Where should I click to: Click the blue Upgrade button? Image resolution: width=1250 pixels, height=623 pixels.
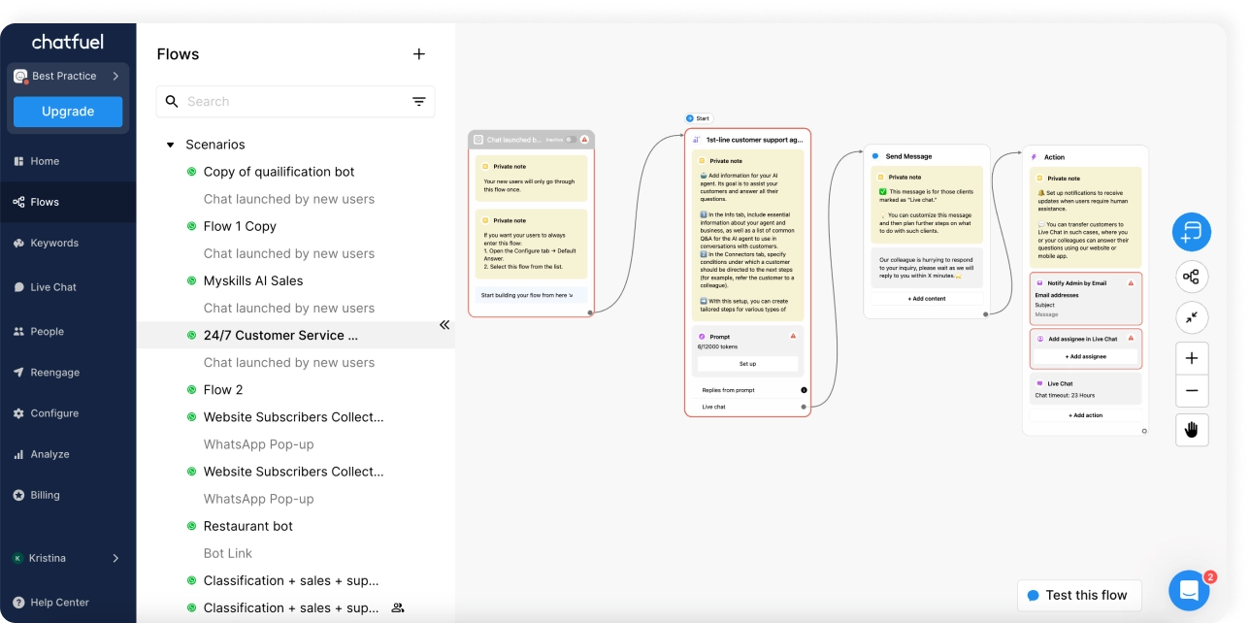[x=68, y=112]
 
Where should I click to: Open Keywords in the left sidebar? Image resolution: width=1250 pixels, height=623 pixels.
[x=53, y=243]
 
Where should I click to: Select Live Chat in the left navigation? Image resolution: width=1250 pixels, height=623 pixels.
[x=52, y=287]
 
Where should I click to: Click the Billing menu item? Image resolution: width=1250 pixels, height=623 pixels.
[x=45, y=495]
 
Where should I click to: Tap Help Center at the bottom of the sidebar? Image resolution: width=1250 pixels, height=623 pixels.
[x=58, y=603]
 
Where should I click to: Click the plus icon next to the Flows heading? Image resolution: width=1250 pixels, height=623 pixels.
[x=419, y=54]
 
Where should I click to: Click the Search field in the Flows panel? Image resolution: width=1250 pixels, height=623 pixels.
[x=291, y=101]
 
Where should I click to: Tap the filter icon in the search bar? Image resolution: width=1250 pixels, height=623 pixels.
[x=419, y=101]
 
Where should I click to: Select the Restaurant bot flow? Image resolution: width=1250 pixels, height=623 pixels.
[x=247, y=526]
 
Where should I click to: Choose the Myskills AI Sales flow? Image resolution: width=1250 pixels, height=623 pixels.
[x=252, y=280]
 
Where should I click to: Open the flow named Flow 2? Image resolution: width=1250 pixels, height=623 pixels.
[x=223, y=389]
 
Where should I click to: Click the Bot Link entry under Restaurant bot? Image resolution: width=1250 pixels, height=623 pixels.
[x=227, y=553]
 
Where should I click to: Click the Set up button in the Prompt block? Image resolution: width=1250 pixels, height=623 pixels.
[x=747, y=364]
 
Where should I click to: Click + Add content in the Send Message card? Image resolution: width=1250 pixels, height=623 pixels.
[x=926, y=299]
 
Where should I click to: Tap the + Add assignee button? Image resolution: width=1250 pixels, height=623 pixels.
[x=1086, y=357]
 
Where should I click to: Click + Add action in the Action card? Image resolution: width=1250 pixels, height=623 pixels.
[x=1085, y=415]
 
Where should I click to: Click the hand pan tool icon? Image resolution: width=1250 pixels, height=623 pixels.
[x=1192, y=429]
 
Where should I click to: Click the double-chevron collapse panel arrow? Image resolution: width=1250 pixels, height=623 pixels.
[x=444, y=325]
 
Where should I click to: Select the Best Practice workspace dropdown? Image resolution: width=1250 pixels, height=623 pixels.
[x=68, y=76]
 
